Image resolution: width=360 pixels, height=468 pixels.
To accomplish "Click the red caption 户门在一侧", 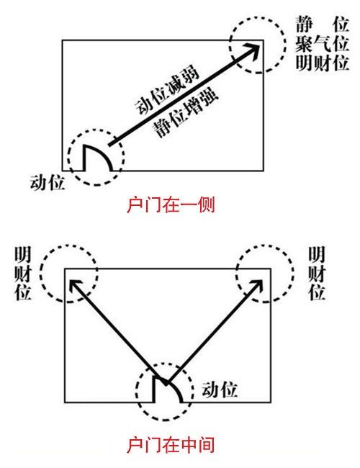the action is click(171, 204).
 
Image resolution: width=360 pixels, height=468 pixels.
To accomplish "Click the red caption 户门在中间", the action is click(171, 445).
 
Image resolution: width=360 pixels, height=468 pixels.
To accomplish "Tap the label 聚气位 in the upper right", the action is click(322, 44).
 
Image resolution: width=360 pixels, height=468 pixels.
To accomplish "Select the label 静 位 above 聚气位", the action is click(322, 24).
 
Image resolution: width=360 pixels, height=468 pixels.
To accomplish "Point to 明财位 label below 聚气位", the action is click(322, 63).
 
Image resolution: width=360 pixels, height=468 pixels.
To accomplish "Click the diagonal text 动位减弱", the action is click(167, 89).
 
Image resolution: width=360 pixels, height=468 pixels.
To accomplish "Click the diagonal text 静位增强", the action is click(186, 112).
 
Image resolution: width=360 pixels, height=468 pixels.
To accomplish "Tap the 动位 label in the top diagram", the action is click(48, 183).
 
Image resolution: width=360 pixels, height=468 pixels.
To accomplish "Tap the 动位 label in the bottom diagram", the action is click(220, 390).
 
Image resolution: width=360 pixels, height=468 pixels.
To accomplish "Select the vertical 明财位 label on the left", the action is click(23, 273).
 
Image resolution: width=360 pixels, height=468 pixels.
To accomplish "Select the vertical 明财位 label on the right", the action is click(317, 273).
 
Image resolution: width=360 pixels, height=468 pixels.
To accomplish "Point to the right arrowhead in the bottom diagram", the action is click(257, 286).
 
